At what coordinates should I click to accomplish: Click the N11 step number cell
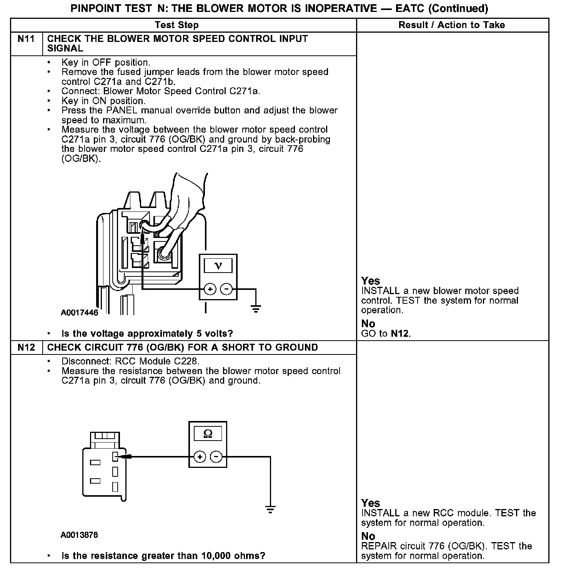(26, 39)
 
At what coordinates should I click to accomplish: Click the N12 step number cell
(26, 348)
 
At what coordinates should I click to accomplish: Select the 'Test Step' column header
(176, 25)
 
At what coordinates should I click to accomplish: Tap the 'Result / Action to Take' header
(451, 25)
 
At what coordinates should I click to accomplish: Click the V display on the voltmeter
(218, 266)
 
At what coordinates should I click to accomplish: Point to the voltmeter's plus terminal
(210, 289)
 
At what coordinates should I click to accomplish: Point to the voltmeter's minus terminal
(226, 289)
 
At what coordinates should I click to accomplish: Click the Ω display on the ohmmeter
(208, 434)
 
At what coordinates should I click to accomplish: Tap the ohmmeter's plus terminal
(200, 457)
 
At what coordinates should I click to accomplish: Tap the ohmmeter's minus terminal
(216, 457)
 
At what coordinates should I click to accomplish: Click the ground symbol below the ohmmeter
(270, 510)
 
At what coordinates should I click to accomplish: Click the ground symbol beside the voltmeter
(256, 308)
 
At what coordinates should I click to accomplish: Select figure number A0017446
(80, 313)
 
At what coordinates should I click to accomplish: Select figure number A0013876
(79, 535)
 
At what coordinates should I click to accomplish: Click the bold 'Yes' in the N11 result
(371, 281)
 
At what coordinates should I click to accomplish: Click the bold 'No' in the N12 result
(368, 536)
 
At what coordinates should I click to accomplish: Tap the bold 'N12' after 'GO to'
(400, 334)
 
